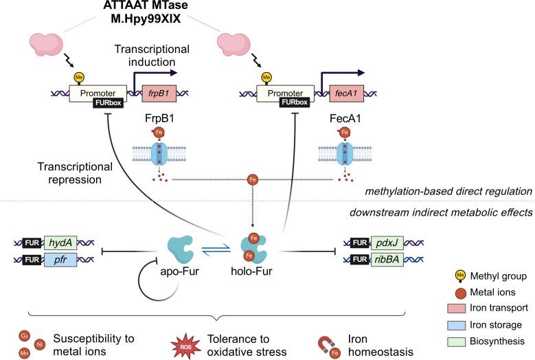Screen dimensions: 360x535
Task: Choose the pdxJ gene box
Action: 385,243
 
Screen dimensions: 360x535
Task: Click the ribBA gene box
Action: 385,261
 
